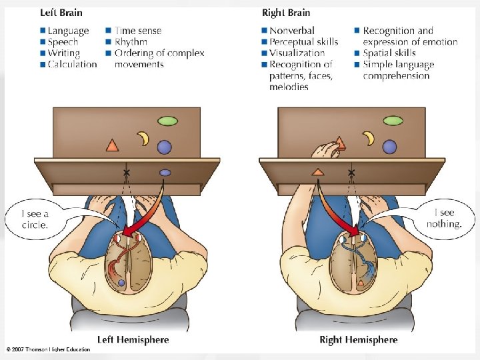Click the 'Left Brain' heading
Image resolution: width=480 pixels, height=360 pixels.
point(61,13)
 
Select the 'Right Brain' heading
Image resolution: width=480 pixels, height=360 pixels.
point(286,13)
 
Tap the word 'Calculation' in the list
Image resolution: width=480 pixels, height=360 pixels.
point(72,64)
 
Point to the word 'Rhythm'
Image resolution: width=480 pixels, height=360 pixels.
point(131,41)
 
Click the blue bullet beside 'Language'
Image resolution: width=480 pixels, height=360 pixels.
point(43,30)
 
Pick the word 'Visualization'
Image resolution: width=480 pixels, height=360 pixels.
point(297,53)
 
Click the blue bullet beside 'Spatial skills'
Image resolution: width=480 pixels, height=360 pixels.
point(357,53)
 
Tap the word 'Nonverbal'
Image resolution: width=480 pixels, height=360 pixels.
point(292,30)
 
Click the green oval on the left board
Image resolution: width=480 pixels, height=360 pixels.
point(167,121)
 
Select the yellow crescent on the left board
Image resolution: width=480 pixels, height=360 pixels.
point(144,138)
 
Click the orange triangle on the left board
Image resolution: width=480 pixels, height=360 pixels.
point(112,145)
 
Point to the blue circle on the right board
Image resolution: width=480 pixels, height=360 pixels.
point(389,146)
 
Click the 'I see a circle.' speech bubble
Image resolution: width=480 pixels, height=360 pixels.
point(35,219)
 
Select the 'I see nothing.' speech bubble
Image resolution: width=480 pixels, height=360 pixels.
point(444,218)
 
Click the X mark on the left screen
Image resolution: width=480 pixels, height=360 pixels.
point(127,173)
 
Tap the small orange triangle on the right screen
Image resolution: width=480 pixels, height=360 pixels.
point(318,172)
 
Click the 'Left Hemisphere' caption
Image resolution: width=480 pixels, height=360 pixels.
point(133,339)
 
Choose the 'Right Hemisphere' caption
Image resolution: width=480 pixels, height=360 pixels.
point(359,339)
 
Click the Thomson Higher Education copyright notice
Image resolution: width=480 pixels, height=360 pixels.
point(49,349)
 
